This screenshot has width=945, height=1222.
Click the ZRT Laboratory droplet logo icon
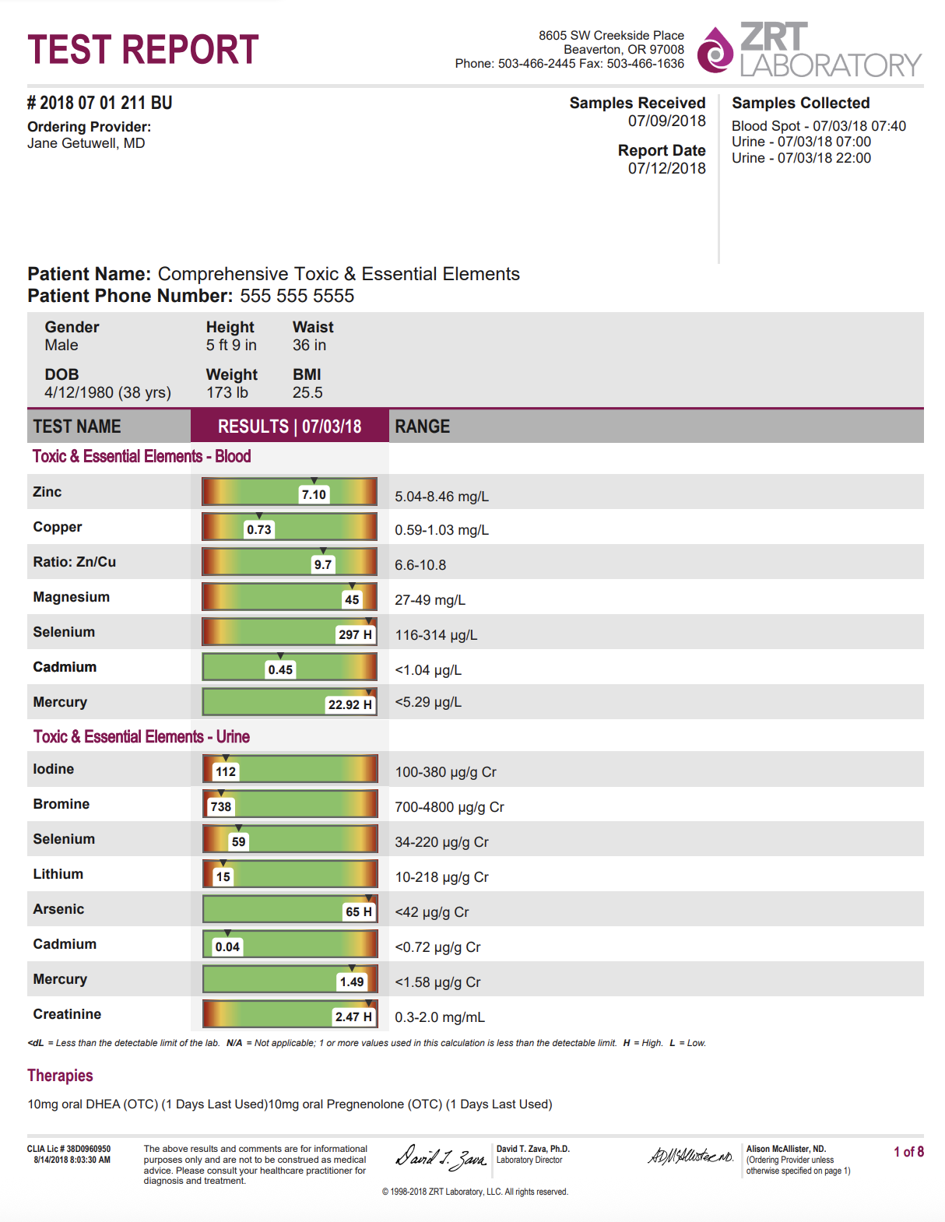pos(715,51)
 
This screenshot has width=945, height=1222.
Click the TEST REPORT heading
pos(142,50)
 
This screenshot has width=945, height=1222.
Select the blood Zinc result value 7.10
pos(314,495)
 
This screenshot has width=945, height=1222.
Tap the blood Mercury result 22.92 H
pos(350,705)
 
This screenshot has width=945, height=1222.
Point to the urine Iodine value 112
pos(226,772)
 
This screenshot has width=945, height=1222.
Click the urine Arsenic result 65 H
pos(359,912)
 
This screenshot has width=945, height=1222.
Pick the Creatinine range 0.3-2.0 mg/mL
pos(440,1017)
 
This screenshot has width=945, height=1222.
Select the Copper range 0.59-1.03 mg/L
pos(441,530)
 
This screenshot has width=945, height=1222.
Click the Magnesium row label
pos(72,597)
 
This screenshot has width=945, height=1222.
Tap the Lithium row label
pos(58,874)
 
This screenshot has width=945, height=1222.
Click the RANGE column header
pos(423,427)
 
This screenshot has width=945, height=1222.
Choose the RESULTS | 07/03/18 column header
pos(290,427)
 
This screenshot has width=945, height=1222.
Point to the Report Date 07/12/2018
pos(666,168)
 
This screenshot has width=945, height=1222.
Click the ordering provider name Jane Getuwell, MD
pos(86,143)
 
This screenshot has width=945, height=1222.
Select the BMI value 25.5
pos(307,393)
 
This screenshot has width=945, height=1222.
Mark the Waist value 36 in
pos(309,346)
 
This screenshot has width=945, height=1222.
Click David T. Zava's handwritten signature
pos(441,1158)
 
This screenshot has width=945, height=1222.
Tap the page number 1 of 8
pos(908,1152)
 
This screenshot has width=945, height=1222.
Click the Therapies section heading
pos(60,1076)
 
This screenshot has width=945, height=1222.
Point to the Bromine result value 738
pos(221,807)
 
